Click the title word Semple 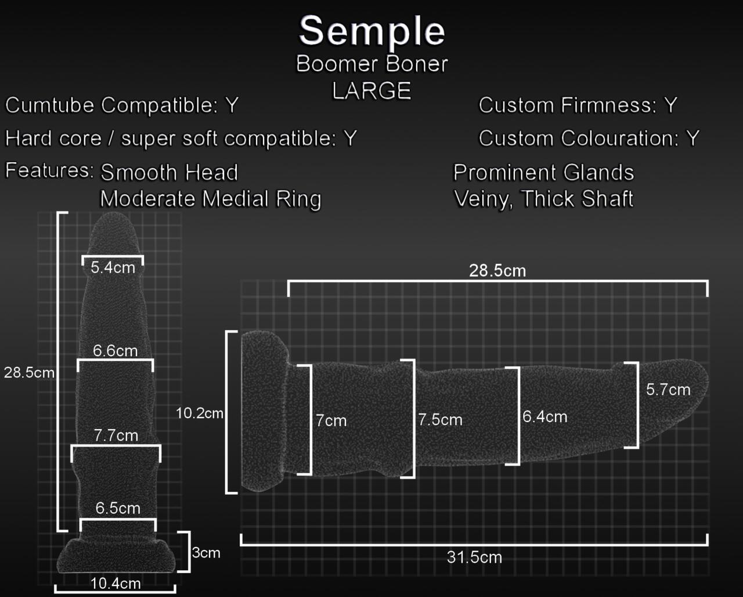click(x=371, y=31)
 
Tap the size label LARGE click(x=371, y=91)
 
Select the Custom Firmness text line click(x=578, y=105)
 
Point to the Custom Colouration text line click(x=589, y=138)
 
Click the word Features click(x=49, y=170)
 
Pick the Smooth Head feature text click(x=169, y=173)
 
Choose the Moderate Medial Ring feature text click(x=210, y=199)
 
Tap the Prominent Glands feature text click(x=543, y=173)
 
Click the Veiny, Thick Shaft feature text click(x=543, y=199)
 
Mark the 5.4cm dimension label click(x=113, y=267)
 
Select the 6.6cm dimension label click(x=116, y=351)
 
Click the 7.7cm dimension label click(x=116, y=435)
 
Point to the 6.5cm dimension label click(x=118, y=508)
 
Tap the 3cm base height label click(x=206, y=552)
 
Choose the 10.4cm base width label click(x=116, y=583)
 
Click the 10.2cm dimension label click(x=199, y=413)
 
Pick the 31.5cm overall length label click(x=474, y=557)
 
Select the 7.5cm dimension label click(x=441, y=420)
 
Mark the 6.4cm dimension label click(x=544, y=416)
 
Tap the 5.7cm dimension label click(x=668, y=389)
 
